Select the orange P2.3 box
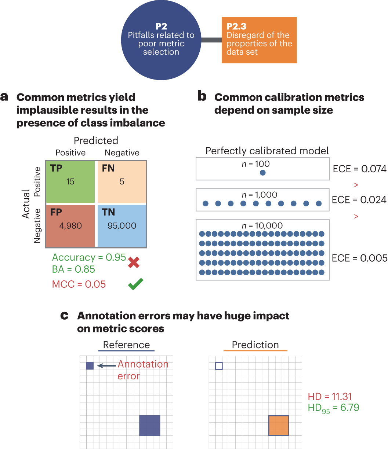[x=259, y=40]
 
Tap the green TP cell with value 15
[x=70, y=181]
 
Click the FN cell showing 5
[x=122, y=181]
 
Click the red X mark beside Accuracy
[x=134, y=262]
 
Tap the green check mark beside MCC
[x=135, y=285]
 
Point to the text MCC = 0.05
[x=79, y=284]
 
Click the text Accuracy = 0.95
[x=89, y=257]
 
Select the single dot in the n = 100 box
[x=262, y=173]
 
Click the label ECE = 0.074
[x=359, y=169]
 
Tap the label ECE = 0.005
[x=359, y=258]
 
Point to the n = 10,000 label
[x=262, y=226]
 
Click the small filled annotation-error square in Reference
[x=90, y=365]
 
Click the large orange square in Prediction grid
[x=279, y=426]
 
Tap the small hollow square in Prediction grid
[x=219, y=365]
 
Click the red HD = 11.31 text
[x=330, y=396]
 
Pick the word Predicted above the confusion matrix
[x=96, y=141]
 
